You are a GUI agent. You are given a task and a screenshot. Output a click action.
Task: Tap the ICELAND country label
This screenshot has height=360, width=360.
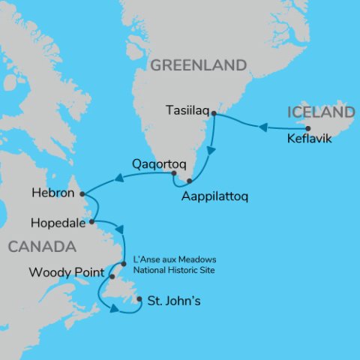coord(319,112)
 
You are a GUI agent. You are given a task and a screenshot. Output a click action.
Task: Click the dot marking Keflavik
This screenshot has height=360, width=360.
coord(307,128)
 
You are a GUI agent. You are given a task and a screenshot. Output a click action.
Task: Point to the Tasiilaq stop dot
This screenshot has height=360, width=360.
coord(214,114)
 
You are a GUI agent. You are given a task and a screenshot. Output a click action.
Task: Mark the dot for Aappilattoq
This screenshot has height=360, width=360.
coord(190,181)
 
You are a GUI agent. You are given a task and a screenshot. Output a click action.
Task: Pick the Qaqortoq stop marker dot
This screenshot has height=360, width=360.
coord(172,174)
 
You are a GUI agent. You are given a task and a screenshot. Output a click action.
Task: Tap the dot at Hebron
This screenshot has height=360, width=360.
coord(82,193)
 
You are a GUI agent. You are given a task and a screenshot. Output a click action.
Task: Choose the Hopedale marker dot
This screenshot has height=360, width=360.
coord(91,222)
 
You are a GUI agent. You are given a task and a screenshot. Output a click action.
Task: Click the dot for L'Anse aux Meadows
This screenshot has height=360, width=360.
coord(124,263)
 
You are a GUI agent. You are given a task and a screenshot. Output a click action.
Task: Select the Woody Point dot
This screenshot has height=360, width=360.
coord(112,277)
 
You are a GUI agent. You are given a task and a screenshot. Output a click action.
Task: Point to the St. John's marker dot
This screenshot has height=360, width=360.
coord(139,301)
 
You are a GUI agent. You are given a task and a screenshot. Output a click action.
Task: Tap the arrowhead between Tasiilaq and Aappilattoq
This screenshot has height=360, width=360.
coord(210,151)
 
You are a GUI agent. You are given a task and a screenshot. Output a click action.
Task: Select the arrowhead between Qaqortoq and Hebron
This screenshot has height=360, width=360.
coord(118,178)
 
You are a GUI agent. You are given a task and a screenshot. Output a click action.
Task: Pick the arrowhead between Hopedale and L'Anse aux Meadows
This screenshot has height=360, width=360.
coord(118,230)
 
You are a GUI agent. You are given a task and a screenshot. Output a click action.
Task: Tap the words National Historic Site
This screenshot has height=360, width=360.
coord(172,269)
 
